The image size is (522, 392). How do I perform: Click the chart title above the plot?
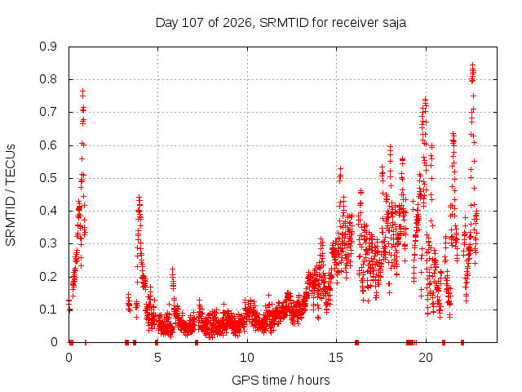(x=281, y=23)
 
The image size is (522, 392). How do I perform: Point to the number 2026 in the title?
(x=237, y=23)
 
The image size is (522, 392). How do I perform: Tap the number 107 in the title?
(x=193, y=23)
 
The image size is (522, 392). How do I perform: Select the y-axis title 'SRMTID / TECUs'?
(x=11, y=195)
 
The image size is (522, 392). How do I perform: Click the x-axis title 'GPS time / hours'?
(x=281, y=380)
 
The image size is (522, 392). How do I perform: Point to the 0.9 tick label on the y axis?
(x=48, y=47)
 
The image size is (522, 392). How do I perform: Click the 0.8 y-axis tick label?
(x=48, y=79)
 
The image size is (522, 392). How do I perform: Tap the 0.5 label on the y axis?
(x=48, y=178)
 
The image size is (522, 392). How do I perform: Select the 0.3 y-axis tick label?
(x=48, y=243)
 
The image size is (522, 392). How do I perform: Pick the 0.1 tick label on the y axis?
(x=48, y=310)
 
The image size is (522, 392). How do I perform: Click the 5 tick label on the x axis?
(x=157, y=358)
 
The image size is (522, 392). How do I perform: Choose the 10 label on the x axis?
(x=247, y=358)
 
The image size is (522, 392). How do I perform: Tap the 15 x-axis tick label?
(x=336, y=358)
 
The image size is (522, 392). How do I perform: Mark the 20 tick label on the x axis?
(x=426, y=358)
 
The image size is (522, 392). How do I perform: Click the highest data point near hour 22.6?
(x=472, y=65)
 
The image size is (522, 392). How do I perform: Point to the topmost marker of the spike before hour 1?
(x=82, y=91)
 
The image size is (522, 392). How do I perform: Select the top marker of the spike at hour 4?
(x=139, y=198)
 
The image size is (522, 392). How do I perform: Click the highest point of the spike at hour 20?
(x=425, y=99)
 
